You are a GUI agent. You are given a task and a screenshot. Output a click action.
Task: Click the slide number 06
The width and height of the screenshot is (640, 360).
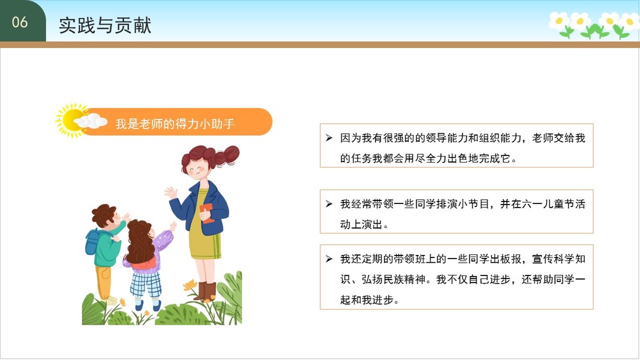[x=20, y=22]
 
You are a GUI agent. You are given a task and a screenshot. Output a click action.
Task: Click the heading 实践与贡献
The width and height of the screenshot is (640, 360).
[x=105, y=25]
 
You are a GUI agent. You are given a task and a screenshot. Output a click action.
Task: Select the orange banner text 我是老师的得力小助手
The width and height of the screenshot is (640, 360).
[x=175, y=123]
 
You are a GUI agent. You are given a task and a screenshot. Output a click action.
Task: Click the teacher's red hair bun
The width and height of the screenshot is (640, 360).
[x=227, y=155]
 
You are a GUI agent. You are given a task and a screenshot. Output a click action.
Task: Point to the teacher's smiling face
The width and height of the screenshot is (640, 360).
[x=197, y=167]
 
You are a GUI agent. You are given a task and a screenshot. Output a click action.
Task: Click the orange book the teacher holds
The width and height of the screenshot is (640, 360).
[x=207, y=213]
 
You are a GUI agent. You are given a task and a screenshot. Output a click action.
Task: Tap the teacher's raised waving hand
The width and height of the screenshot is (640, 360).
[x=171, y=193]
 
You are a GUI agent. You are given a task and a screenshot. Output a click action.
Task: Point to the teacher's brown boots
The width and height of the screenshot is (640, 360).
[x=205, y=291]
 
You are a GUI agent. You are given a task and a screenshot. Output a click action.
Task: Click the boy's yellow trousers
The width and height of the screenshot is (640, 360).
[x=104, y=281]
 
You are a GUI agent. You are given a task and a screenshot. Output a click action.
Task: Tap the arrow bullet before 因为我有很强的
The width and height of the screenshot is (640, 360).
[x=329, y=138]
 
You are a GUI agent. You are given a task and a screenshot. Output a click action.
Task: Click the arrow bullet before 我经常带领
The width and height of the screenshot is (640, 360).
[x=329, y=203]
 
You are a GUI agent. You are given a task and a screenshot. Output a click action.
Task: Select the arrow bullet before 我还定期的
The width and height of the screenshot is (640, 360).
[x=329, y=259]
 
